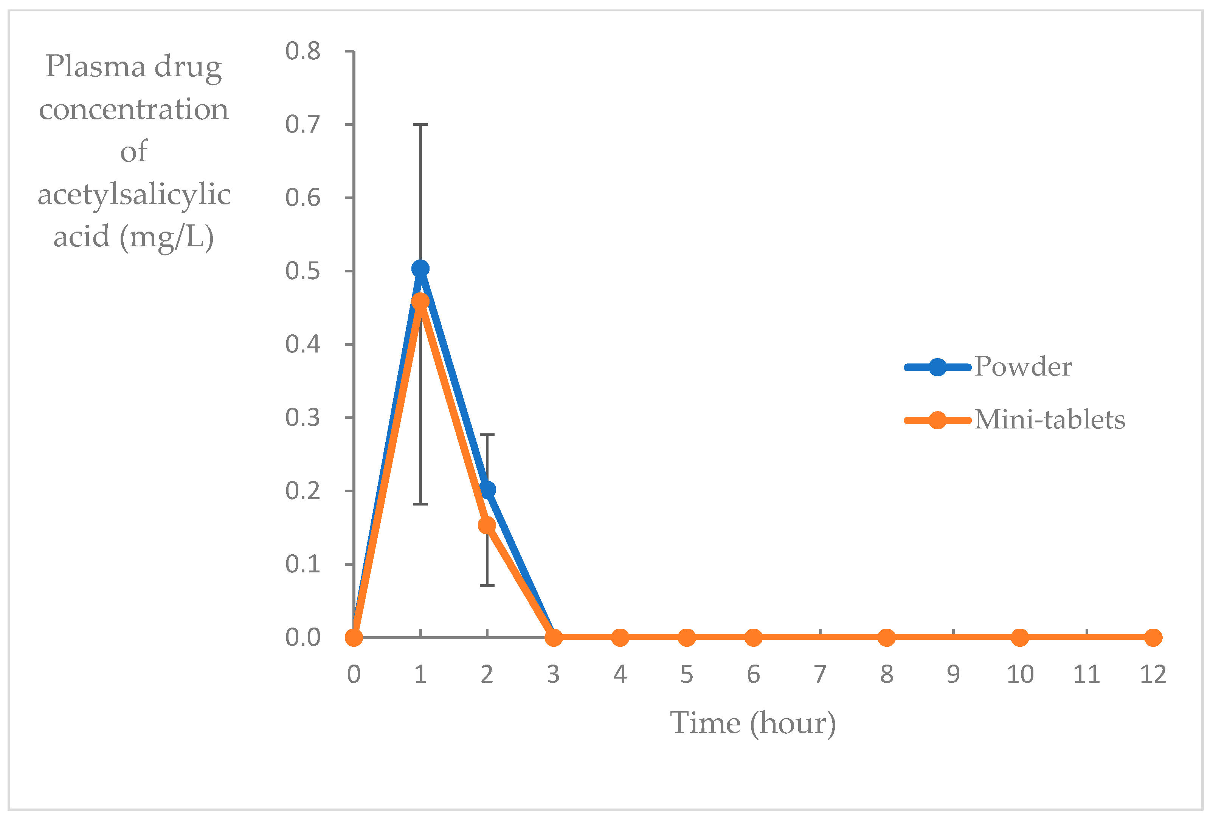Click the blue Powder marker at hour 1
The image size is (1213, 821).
click(420, 269)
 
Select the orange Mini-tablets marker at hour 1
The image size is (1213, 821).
click(420, 301)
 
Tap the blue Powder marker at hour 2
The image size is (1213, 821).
click(487, 489)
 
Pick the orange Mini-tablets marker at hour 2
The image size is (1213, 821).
click(487, 525)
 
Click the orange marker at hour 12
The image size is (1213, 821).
click(1153, 637)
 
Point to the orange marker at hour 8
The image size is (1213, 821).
click(887, 637)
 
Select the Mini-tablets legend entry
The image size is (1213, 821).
click(1049, 419)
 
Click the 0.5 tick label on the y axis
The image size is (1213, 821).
click(303, 271)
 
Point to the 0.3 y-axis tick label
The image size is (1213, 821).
click(303, 418)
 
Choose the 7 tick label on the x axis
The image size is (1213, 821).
click(820, 674)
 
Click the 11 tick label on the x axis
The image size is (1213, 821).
click(1086, 674)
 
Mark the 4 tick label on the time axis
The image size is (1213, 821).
click(620, 674)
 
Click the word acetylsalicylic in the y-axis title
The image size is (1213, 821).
click(134, 195)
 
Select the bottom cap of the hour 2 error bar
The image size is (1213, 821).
click(487, 586)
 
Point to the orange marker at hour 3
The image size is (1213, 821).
click(553, 637)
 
